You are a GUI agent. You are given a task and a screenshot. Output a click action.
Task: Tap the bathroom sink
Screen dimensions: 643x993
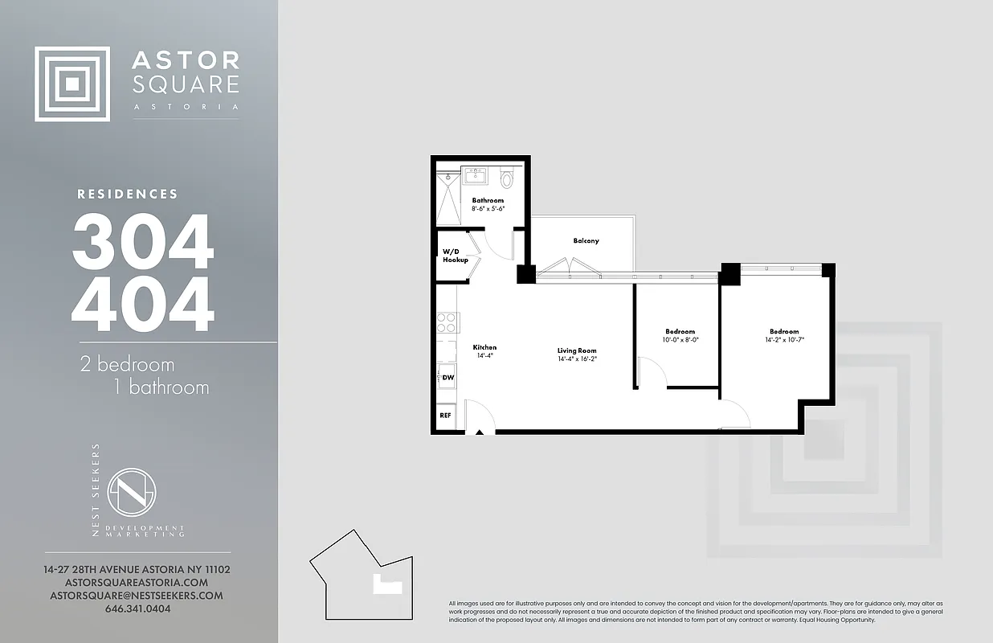coord(476,174)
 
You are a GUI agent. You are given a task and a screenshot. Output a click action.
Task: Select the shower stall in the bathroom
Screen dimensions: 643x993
coord(447,198)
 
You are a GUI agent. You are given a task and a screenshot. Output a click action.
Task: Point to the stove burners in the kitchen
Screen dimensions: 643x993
coord(446,323)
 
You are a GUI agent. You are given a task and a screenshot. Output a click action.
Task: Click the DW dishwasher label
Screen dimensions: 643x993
coord(447,376)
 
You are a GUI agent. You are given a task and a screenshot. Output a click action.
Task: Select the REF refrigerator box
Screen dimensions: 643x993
coord(445,416)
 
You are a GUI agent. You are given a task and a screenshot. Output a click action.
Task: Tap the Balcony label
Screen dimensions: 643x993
coord(586,241)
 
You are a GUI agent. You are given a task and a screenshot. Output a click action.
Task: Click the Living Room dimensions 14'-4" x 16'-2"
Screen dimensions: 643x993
coord(577,359)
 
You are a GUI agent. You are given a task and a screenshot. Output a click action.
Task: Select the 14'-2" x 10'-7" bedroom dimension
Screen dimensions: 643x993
coord(784,340)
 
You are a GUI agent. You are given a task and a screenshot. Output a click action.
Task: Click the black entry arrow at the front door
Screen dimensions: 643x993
coord(480,432)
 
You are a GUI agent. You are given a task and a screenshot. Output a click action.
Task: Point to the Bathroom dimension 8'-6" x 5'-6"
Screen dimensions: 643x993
coord(488,209)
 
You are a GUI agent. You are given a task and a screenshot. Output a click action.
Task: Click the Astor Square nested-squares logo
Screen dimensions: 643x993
coord(72,84)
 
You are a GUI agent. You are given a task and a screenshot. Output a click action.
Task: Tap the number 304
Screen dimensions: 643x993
coord(143,242)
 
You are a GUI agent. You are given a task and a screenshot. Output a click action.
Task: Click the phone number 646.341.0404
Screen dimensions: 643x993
coord(137,608)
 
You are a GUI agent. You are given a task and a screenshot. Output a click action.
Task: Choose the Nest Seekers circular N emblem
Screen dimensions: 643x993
coord(132,492)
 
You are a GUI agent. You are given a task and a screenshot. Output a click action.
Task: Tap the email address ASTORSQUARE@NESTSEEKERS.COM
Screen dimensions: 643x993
coord(137,596)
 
